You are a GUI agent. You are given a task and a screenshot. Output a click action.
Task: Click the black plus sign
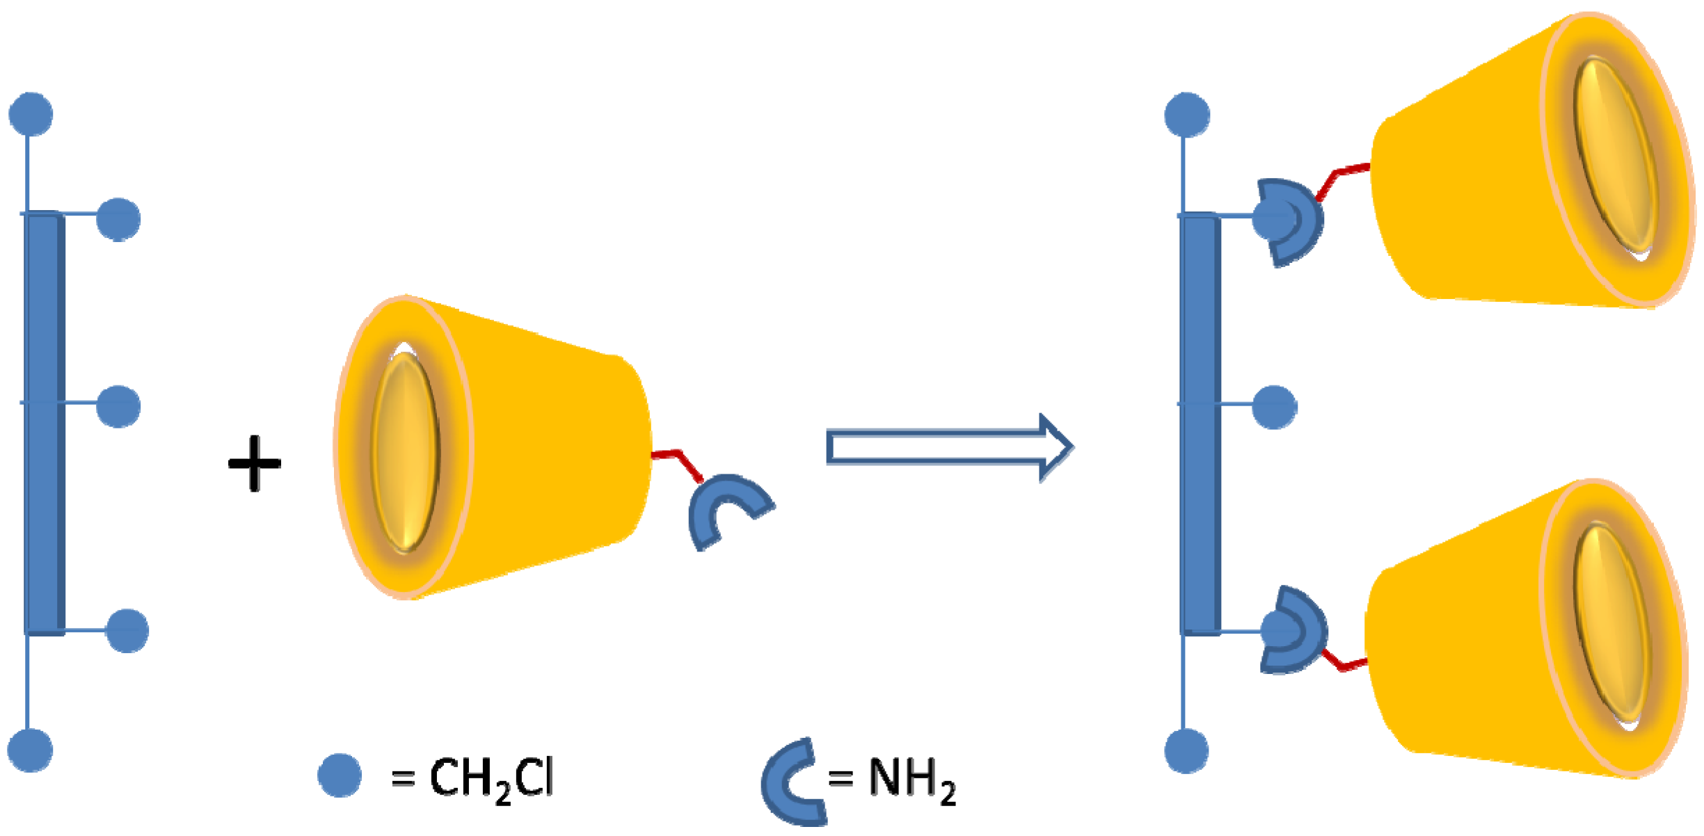(x=255, y=464)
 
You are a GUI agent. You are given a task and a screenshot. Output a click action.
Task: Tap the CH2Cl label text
(x=491, y=778)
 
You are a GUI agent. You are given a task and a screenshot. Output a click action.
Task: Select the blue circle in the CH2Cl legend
(x=340, y=775)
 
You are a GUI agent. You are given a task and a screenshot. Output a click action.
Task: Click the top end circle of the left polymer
(x=31, y=114)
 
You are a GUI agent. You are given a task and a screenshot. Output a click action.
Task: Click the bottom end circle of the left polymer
(x=30, y=750)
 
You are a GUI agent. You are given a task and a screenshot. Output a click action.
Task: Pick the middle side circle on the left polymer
(x=118, y=406)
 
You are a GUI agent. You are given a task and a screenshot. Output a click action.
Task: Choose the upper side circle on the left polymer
(x=118, y=219)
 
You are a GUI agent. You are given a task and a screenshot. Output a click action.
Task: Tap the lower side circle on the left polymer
(x=127, y=631)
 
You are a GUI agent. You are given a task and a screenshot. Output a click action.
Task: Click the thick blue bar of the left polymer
(x=45, y=424)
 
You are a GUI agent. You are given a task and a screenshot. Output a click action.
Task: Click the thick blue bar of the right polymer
(x=1201, y=424)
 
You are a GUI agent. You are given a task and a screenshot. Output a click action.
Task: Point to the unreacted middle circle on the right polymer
(x=1274, y=407)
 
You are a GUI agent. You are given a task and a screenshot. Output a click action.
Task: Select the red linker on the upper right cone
(x=1343, y=177)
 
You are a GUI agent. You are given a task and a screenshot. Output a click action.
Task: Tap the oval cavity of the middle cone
(x=405, y=452)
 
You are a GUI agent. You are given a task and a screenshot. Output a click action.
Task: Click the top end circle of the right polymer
(x=1187, y=115)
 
